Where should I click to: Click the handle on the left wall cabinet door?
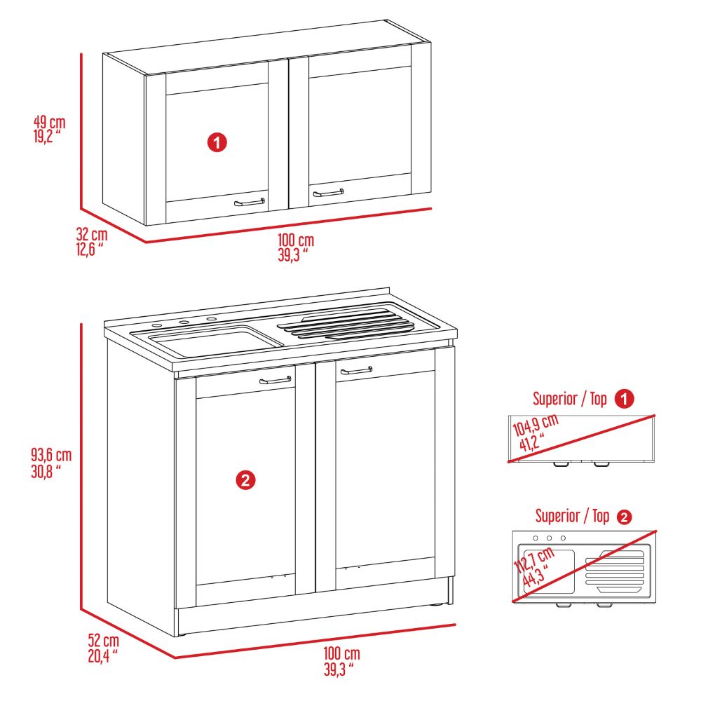pyautogui.click(x=250, y=202)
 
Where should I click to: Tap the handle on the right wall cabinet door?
pyautogui.click(x=328, y=192)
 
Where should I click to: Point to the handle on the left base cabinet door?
pyautogui.click(x=275, y=381)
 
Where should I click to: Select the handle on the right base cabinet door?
pyautogui.click(x=356, y=371)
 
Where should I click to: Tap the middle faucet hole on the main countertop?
pyautogui.click(x=184, y=322)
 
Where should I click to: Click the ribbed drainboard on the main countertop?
pyautogui.click(x=347, y=326)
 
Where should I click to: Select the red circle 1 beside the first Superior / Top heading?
pyautogui.click(x=624, y=400)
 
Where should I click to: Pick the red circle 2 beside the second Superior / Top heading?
pyautogui.click(x=623, y=517)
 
